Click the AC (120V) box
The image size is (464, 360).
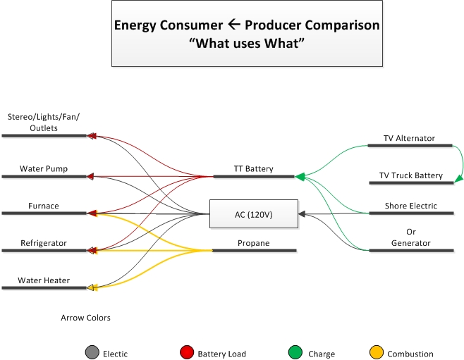point(254,213)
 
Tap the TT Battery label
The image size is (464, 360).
point(254,169)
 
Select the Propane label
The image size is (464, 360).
point(254,243)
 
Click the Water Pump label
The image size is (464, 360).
point(44,169)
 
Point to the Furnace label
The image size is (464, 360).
point(44,206)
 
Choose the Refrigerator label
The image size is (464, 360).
point(44,243)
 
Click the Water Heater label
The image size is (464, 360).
point(44,280)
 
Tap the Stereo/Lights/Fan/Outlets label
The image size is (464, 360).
point(44,123)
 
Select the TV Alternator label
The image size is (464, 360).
point(409,138)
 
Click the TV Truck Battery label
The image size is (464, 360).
point(411,175)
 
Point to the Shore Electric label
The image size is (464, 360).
point(411,206)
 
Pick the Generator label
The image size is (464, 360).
point(411,243)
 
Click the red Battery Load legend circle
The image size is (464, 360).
point(187,352)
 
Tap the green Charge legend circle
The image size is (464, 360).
point(295,352)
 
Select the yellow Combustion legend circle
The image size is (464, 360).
point(377,352)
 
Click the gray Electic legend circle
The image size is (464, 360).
point(92,352)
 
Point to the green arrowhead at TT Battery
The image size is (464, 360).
point(300,177)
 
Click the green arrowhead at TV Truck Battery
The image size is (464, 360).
point(459,178)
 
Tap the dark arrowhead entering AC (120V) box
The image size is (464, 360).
point(302,213)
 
